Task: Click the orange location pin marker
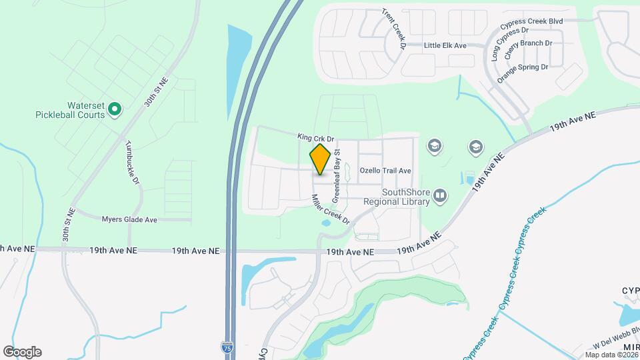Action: click(x=320, y=159)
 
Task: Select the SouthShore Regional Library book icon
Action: click(x=439, y=195)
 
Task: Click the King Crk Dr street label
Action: click(x=315, y=137)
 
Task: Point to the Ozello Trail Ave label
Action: click(x=385, y=171)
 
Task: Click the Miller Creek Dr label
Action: click(x=331, y=209)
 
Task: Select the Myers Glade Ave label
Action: click(x=129, y=219)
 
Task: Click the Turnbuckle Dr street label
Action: click(x=131, y=163)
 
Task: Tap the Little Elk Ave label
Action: click(x=445, y=45)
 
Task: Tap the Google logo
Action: click(x=22, y=352)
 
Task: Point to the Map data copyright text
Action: click(x=611, y=355)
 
